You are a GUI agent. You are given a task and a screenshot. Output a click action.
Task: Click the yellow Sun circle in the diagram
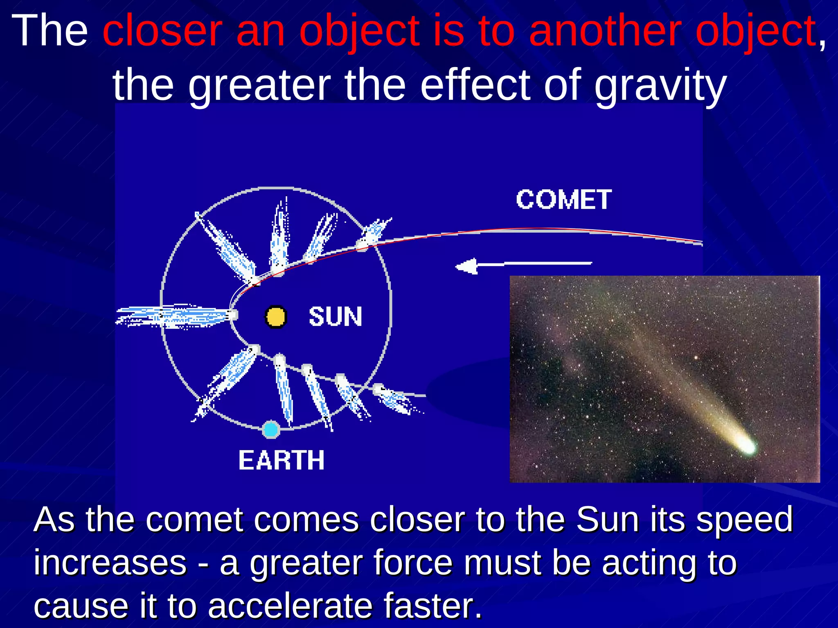coord(275,317)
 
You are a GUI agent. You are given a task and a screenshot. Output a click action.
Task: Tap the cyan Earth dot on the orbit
coord(270,430)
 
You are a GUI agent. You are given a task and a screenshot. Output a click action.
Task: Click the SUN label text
coord(335,317)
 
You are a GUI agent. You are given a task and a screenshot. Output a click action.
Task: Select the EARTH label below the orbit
coord(282,460)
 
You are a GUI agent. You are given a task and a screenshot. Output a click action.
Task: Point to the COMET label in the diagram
coord(563,200)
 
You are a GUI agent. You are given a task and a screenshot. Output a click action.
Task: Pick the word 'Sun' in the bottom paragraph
coord(607,520)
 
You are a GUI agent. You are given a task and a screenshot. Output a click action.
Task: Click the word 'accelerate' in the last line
coord(290,606)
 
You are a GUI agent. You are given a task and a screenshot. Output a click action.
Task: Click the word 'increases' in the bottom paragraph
coord(110,563)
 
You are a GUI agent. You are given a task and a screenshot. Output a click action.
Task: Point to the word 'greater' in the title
coord(259,86)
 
